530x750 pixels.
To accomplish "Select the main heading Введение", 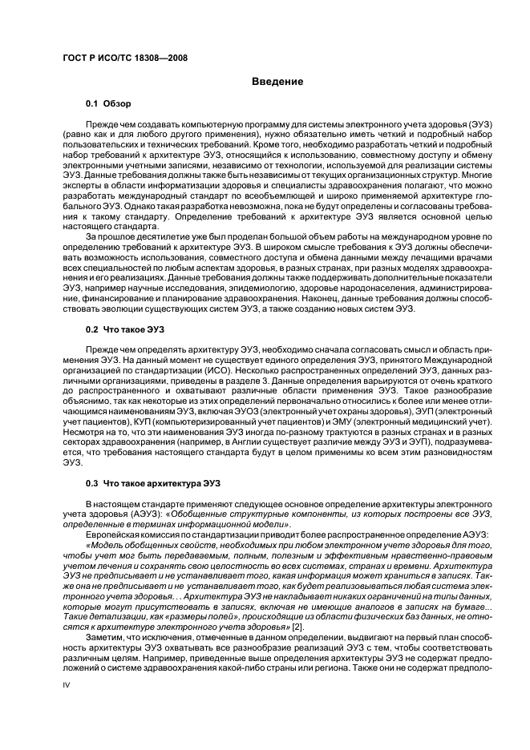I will (277, 82).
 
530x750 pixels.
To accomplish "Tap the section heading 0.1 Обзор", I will (108, 104).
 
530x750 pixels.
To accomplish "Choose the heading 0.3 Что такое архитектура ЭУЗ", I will (152, 482).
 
